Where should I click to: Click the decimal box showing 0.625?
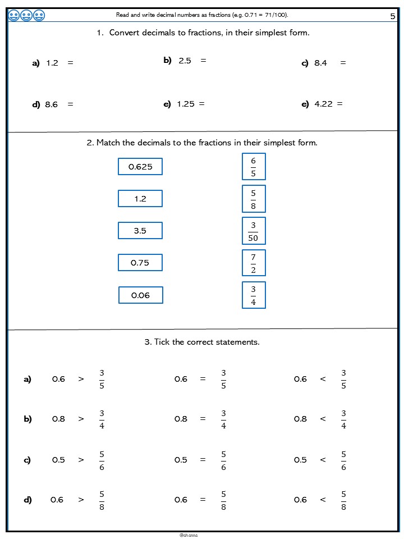(140, 167)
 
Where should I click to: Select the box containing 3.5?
(140, 231)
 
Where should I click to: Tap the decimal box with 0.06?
(140, 295)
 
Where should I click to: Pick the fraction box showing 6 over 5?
(253, 167)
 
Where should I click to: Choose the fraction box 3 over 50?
(253, 231)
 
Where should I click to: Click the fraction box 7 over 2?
(253, 263)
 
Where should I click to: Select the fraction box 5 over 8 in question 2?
(253, 199)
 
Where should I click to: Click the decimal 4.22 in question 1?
(323, 104)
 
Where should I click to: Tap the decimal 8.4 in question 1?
(320, 63)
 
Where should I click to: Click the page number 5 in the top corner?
(392, 16)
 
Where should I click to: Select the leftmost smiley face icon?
(14, 16)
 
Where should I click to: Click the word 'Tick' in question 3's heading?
(162, 342)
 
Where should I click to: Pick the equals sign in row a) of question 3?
(203, 379)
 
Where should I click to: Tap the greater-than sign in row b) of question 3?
(81, 419)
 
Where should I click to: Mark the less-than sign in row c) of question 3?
(323, 460)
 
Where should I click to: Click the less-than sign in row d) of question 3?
(323, 500)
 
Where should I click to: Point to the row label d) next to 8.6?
(36, 104)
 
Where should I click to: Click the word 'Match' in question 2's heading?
(108, 143)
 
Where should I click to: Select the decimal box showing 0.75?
(140, 263)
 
